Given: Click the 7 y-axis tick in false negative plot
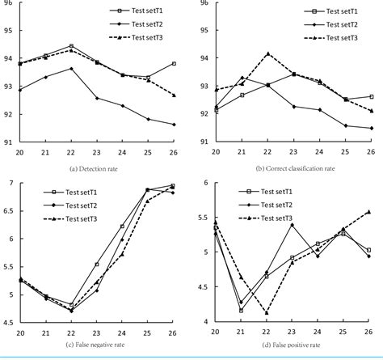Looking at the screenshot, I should click(11, 184).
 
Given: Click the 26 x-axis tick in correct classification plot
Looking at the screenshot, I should click(371, 151).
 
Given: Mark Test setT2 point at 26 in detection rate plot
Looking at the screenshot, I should click(174, 125).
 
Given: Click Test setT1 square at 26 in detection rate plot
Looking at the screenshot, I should click(174, 63).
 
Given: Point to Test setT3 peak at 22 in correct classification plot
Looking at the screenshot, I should click(267, 53).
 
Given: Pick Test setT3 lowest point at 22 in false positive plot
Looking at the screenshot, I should click(267, 312).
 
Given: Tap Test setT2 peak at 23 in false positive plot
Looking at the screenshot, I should click(293, 225).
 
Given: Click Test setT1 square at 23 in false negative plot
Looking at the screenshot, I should click(97, 265).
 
